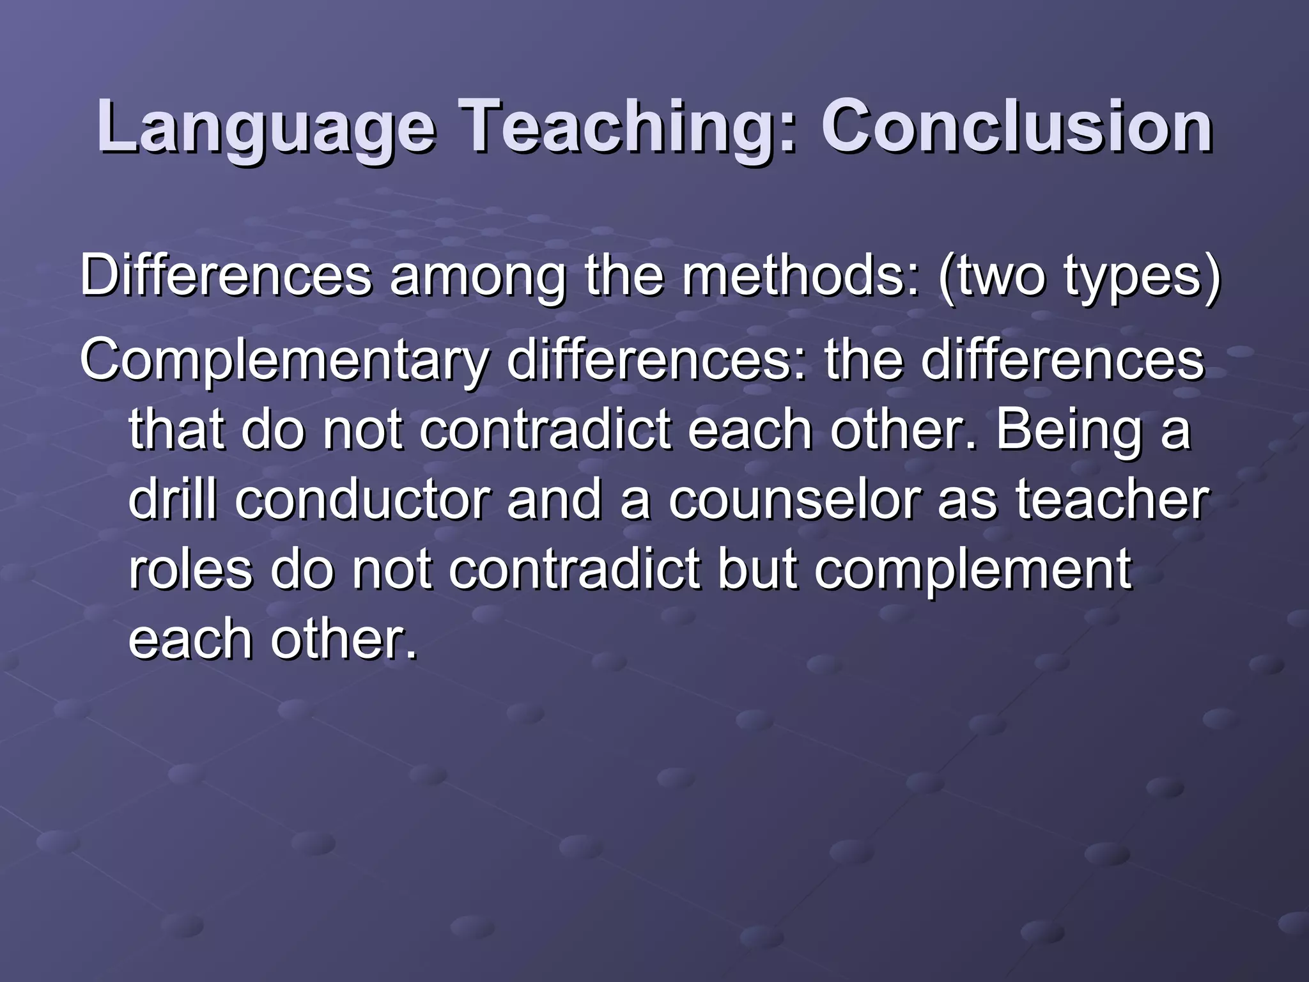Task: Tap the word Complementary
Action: tap(284, 362)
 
